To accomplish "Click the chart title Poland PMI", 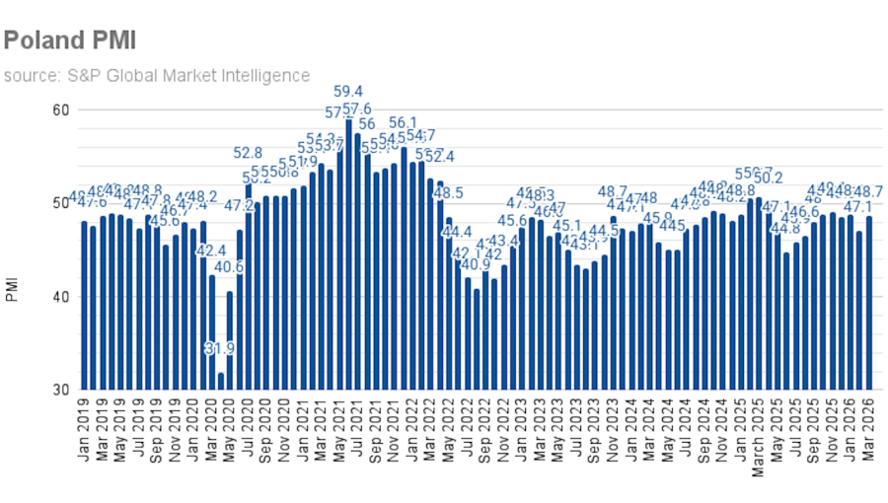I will point(69,39).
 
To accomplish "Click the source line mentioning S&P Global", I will point(156,75).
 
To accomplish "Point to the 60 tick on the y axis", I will point(60,109).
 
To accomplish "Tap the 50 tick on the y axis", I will point(60,203).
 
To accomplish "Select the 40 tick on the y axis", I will point(60,297).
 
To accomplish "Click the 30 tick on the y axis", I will point(60,391).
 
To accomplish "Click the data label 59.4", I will point(348,92).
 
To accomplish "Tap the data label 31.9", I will point(221,348).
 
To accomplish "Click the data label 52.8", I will point(248,153).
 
